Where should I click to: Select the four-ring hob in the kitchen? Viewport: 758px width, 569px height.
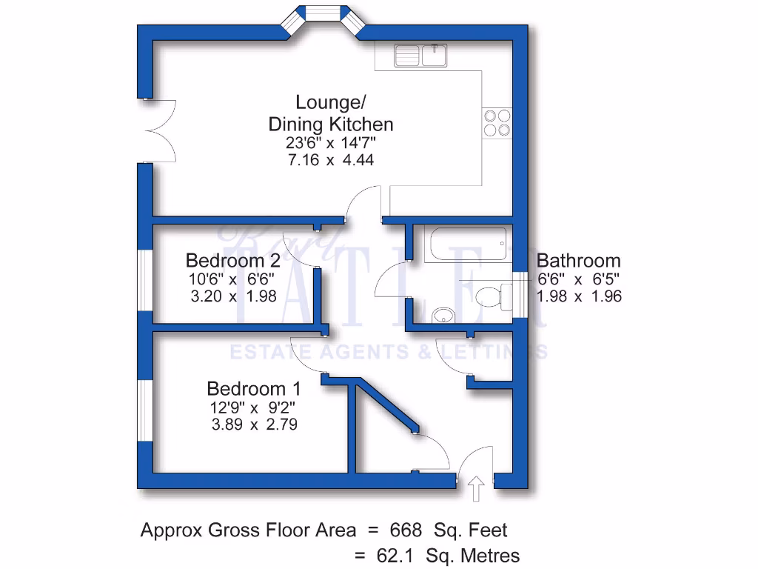(x=497, y=122)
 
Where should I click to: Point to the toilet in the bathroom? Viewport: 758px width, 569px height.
(x=492, y=296)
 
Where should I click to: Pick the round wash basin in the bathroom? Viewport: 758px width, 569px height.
(x=443, y=315)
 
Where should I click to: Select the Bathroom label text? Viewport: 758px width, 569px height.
(x=578, y=261)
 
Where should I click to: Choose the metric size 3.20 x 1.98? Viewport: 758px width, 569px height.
(x=233, y=296)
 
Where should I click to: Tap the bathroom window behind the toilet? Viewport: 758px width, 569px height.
(x=521, y=296)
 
